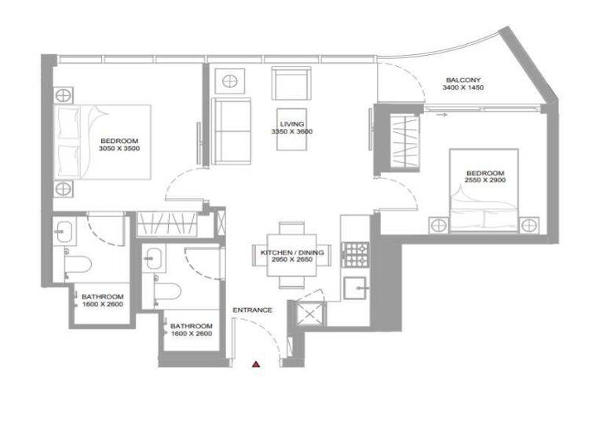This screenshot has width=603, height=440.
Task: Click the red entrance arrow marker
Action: coord(256,364)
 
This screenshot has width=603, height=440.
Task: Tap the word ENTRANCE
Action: coord(253,310)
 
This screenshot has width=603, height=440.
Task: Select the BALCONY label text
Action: coord(463,80)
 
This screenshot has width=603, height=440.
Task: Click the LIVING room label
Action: coord(291,124)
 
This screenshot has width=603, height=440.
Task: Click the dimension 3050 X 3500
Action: coord(119,148)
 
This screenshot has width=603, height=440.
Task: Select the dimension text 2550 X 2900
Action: coord(485,181)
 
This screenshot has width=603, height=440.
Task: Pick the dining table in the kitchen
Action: coord(291,253)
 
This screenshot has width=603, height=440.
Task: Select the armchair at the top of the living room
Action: coord(290,82)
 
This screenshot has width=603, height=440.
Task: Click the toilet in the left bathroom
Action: coord(82,265)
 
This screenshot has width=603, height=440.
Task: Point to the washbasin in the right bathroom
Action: coord(153,255)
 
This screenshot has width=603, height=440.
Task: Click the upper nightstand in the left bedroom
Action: coord(64,93)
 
